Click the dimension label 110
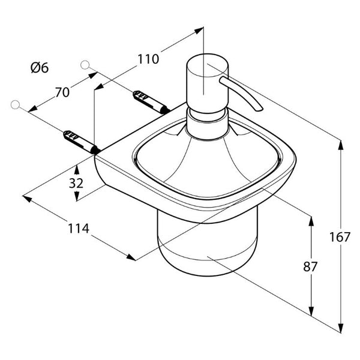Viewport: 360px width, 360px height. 148,59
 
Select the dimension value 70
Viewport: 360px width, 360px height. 62,92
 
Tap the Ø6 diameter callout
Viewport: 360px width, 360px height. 40,68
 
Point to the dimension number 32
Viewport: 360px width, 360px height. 76,183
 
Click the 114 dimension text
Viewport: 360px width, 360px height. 78,229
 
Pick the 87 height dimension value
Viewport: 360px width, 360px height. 310,266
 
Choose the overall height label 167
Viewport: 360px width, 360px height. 340,237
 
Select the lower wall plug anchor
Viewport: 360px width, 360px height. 81,142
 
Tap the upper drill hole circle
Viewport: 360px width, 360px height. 85,65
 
